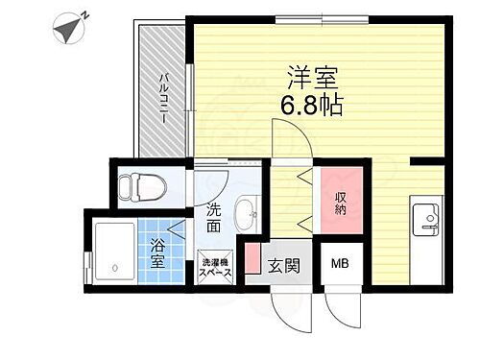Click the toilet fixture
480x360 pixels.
(137, 186)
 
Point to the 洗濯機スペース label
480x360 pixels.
(216, 266)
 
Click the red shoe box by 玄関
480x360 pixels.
(252, 260)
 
